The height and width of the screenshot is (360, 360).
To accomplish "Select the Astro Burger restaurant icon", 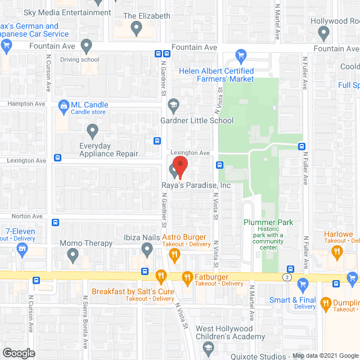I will click(174, 255).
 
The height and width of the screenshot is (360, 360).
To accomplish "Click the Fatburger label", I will click(213, 276).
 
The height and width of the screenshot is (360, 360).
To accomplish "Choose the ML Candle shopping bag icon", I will click(63, 105).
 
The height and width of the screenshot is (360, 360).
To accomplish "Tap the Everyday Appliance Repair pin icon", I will click(93, 130).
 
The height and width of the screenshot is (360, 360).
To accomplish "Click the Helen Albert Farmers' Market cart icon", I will click(241, 56).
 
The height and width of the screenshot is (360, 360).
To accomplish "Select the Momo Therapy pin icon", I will click(72, 255).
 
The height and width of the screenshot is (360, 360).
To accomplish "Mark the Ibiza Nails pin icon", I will click(147, 249).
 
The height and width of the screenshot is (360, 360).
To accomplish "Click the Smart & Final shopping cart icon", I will click(303, 283).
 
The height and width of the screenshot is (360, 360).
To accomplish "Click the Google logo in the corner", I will click(18, 353).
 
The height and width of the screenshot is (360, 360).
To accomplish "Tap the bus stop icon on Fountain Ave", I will click(159, 54).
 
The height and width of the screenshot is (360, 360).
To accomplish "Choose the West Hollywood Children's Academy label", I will click(229, 332).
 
